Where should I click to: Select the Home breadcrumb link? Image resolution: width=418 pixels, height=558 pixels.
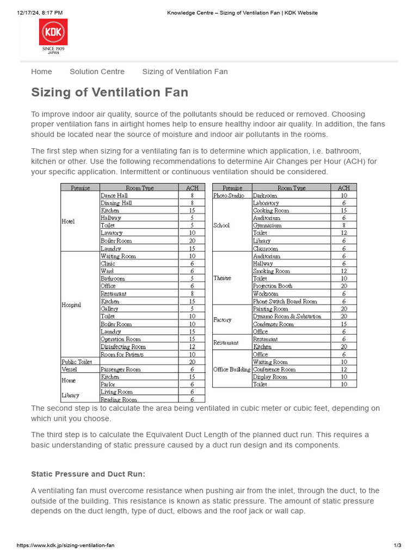click(41, 71)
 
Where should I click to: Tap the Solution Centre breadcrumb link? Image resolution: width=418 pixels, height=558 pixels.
click(97, 71)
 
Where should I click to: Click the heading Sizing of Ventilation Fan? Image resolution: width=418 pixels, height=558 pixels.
click(109, 92)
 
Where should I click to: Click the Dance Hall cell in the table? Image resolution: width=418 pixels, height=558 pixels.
click(114, 195)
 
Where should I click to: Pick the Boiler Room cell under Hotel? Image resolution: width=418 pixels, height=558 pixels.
click(116, 240)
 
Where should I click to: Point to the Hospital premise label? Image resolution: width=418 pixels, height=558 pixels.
click(71, 305)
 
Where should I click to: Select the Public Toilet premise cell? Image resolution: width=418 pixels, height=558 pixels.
click(77, 361)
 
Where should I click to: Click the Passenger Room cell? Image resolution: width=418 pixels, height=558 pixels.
click(120, 369)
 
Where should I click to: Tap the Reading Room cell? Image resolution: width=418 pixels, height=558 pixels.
click(119, 399)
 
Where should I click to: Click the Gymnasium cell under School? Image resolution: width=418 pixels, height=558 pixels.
click(267, 225)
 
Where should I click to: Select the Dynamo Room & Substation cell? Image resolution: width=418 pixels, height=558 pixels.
click(287, 316)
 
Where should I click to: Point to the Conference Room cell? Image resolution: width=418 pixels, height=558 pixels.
click(274, 369)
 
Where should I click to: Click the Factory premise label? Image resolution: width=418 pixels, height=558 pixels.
click(223, 320)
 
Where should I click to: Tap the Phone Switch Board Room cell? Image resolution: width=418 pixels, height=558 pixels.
click(285, 301)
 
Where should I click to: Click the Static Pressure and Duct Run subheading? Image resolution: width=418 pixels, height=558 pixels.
click(88, 474)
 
